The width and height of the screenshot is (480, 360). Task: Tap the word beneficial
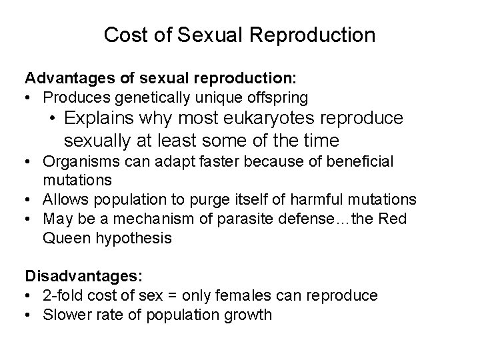click(355, 161)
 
